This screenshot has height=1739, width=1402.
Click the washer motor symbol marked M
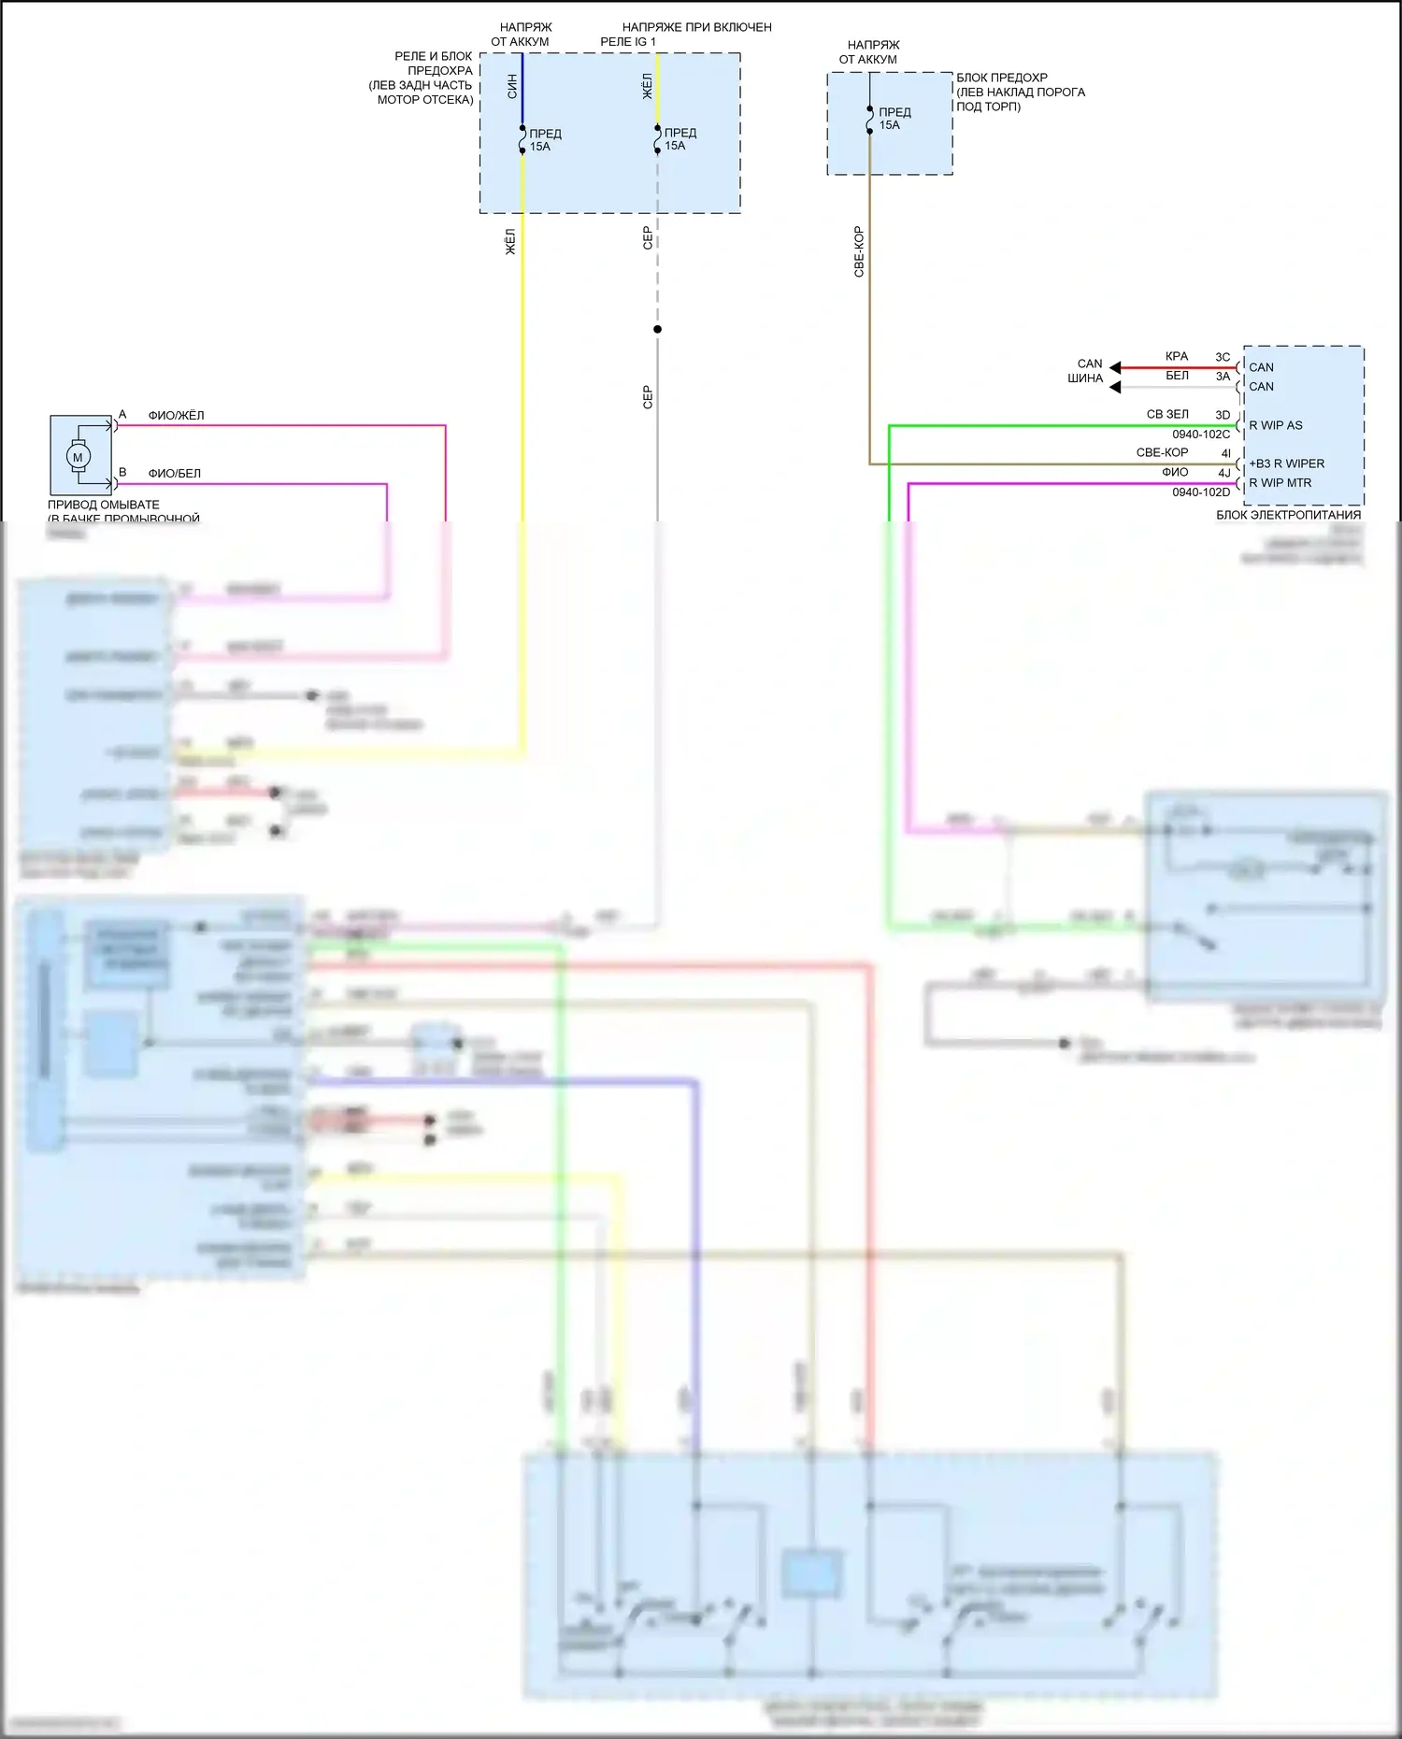pyautogui.click(x=78, y=457)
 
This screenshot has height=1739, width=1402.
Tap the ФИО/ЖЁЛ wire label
pyautogui.click(x=176, y=416)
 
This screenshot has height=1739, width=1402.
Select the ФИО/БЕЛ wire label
pyautogui.click(x=175, y=474)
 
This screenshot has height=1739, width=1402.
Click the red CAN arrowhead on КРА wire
pyautogui.click(x=1115, y=367)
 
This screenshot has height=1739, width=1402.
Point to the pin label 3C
pyautogui.click(x=1223, y=357)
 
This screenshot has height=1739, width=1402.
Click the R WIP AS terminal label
pyautogui.click(x=1276, y=425)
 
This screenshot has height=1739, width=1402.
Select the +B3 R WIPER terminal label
pyautogui.click(x=1287, y=463)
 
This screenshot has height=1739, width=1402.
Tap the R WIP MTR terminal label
pyautogui.click(x=1280, y=483)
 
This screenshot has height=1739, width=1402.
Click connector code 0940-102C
pyautogui.click(x=1201, y=435)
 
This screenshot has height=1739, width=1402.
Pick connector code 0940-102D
pyautogui.click(x=1201, y=492)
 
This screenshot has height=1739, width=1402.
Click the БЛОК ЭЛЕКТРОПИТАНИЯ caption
pyautogui.click(x=1288, y=515)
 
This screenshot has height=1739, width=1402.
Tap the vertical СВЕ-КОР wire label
pyautogui.click(x=859, y=251)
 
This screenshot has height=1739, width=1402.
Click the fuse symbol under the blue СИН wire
pyautogui.click(x=522, y=139)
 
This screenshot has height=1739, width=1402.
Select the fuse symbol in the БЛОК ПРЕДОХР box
pyautogui.click(x=869, y=120)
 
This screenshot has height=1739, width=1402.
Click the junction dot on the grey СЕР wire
pyautogui.click(x=657, y=329)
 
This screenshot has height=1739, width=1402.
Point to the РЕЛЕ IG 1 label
pyautogui.click(x=628, y=42)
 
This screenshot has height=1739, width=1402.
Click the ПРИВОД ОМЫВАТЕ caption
pyautogui.click(x=104, y=505)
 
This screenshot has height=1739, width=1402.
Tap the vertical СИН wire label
pyautogui.click(x=512, y=87)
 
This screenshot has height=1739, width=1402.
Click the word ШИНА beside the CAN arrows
pyautogui.click(x=1085, y=378)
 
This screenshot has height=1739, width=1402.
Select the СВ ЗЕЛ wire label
pyautogui.click(x=1167, y=414)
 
